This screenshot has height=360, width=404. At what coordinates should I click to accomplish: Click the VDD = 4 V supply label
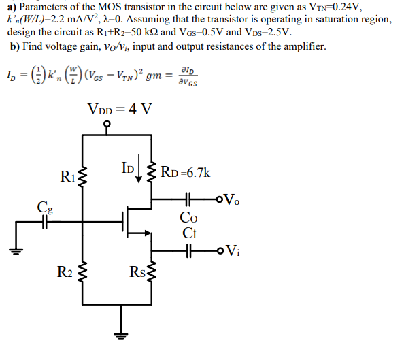pyautogui.click(x=120, y=109)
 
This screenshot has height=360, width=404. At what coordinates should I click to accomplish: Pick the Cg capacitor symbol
pyautogui.click(x=46, y=220)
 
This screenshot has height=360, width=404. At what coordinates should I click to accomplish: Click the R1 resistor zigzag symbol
pyautogui.click(x=83, y=177)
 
